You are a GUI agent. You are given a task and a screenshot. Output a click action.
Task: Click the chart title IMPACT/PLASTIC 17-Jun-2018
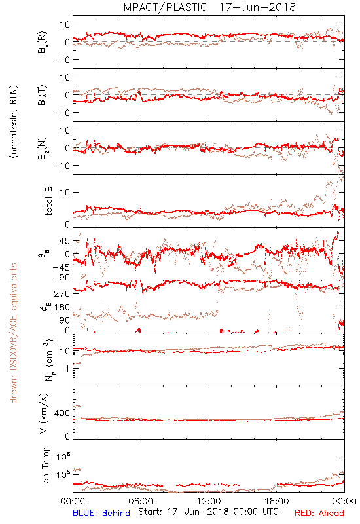coord(208,7)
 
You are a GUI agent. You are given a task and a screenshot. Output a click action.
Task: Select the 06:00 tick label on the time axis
coord(141,501)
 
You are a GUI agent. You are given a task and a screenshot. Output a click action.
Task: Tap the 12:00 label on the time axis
coord(209,501)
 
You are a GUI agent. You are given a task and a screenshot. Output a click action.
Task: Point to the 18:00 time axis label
coord(277,501)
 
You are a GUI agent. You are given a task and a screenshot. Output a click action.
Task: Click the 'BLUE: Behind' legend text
coord(101,513)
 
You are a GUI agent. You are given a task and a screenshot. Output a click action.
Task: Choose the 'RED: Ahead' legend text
coord(319,513)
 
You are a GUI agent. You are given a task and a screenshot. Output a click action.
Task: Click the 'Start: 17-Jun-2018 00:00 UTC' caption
coord(208,512)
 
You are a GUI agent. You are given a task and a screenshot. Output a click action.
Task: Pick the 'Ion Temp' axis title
coord(45,466)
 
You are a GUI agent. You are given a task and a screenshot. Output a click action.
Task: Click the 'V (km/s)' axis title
coord(44,413)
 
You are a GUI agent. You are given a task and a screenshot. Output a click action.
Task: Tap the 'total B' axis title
coord(48,201)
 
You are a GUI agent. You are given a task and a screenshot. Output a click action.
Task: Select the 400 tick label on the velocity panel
coord(62,413)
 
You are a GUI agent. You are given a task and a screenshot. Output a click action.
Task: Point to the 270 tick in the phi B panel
coord(62,293)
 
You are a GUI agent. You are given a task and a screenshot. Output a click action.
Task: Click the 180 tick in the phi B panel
coord(62,307)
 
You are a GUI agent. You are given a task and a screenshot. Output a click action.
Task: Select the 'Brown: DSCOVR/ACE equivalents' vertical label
coord(13,333)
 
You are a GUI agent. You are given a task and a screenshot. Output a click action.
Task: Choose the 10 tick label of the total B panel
coord(65,192)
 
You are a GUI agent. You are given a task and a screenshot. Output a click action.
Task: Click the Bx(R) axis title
coord(43,42)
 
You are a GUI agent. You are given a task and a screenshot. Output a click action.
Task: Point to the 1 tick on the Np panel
coord(67,369)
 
